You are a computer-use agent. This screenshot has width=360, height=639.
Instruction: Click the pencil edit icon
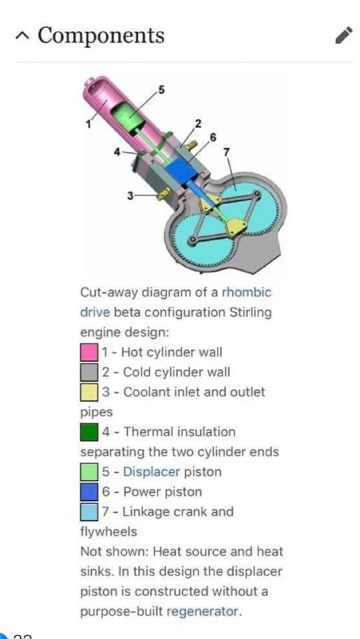pyautogui.click(x=343, y=35)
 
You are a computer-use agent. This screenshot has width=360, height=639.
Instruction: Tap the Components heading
pyautogui.click(x=101, y=35)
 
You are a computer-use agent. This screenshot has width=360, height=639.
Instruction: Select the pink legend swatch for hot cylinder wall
pyautogui.click(x=89, y=352)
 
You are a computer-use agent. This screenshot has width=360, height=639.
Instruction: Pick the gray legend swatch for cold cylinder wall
pyautogui.click(x=89, y=372)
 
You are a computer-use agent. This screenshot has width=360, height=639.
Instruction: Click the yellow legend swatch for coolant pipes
pyautogui.click(x=89, y=392)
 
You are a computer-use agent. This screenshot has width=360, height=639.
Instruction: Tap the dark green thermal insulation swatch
pyautogui.click(x=89, y=432)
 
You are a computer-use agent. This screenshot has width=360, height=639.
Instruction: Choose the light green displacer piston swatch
pyautogui.click(x=89, y=472)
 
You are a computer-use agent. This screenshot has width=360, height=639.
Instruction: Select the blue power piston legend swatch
pyautogui.click(x=89, y=492)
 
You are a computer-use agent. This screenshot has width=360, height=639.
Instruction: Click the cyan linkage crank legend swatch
pyautogui.click(x=89, y=512)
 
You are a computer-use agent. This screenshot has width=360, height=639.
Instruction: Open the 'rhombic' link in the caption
pyautogui.click(x=246, y=292)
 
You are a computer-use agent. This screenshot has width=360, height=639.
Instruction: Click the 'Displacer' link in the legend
pyautogui.click(x=152, y=472)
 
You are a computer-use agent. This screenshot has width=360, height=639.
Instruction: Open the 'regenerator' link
pyautogui.click(x=202, y=612)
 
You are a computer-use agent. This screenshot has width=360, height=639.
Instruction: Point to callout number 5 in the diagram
pyautogui.click(x=161, y=90)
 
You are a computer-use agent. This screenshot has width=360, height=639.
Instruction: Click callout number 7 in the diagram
pyautogui.click(x=227, y=153)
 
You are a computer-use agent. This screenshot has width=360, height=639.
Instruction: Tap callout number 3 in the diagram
pyautogui.click(x=130, y=196)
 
